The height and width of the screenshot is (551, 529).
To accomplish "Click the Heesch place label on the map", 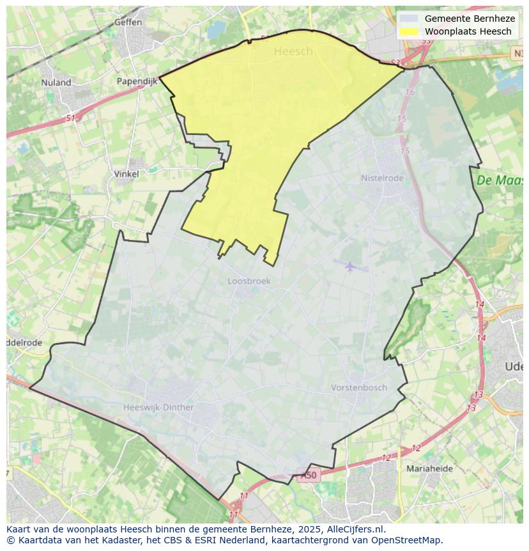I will click(x=293, y=51).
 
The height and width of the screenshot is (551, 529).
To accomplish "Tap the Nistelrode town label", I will click(x=382, y=178).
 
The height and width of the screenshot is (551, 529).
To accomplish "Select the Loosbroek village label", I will click(x=249, y=281).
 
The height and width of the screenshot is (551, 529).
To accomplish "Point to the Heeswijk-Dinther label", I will click(x=158, y=407).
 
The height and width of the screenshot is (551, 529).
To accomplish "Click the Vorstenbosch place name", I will click(x=359, y=388).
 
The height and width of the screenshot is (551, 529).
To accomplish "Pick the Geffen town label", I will click(x=128, y=22).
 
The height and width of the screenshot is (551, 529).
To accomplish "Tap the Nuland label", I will click(x=56, y=83).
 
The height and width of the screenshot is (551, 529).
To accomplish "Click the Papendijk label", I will click(x=137, y=81).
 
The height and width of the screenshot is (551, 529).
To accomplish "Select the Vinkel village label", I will click(x=126, y=173).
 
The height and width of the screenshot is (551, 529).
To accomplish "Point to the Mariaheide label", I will click(x=429, y=468).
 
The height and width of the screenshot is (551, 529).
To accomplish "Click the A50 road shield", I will click(x=308, y=475).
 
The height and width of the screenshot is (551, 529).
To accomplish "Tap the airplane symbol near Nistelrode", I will click(x=349, y=266).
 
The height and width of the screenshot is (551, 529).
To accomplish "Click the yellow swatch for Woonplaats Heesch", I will click(x=409, y=31).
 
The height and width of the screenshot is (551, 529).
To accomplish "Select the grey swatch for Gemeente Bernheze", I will click(x=409, y=19).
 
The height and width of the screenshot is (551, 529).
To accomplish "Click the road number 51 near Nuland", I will click(x=70, y=118).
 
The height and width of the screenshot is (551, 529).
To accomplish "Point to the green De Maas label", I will click(x=500, y=180).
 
